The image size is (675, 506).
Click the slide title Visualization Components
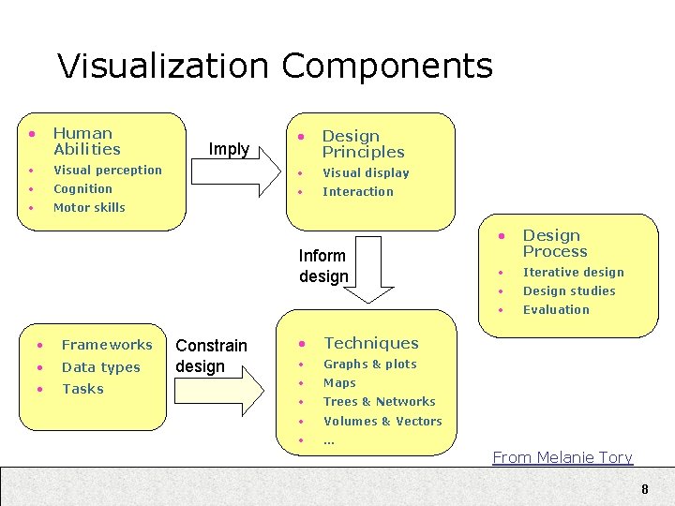[275, 66]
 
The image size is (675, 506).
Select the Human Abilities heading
[86, 141]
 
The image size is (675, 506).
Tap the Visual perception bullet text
[108, 170]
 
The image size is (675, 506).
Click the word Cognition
[82, 188]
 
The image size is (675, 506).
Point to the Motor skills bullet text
[89, 207]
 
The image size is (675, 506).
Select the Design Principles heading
[363, 144]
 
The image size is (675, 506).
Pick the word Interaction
[358, 191]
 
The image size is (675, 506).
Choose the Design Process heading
[555, 244]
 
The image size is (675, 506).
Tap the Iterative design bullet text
[573, 272]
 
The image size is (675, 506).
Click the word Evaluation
[556, 309]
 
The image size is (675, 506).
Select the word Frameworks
[107, 345]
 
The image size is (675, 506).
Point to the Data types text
[100, 367]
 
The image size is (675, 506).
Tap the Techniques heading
[370, 343]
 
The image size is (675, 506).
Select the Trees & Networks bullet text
[379, 401]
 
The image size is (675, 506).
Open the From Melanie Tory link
[562, 457]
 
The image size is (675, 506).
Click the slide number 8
[644, 489]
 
